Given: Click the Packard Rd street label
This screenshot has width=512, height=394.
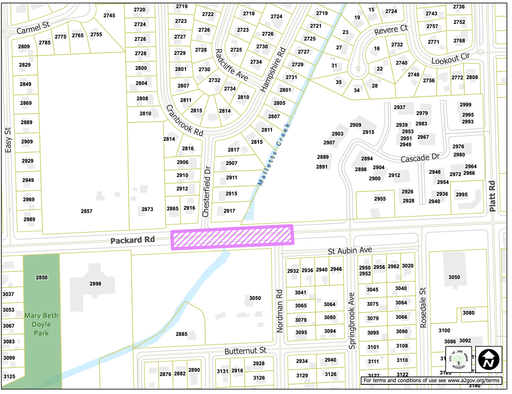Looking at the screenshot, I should [x=133, y=240].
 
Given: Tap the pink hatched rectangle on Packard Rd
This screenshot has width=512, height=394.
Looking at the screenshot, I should [x=232, y=237].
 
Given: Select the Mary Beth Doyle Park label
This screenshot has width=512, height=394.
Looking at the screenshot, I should [x=41, y=324].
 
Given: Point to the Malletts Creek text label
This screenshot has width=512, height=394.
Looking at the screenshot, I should [x=274, y=155].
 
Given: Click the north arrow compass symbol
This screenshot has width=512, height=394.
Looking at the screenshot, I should [x=488, y=359].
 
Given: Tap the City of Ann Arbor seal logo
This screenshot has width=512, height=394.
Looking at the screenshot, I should [x=458, y=359].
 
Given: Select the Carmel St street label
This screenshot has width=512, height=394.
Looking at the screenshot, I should [x=33, y=28].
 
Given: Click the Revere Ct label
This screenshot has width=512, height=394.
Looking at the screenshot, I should [x=391, y=30].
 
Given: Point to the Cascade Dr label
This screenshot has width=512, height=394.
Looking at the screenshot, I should [x=420, y=158].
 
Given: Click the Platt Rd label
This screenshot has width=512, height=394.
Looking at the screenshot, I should [x=492, y=196].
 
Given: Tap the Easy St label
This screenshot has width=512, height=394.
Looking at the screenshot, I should [x=8, y=140].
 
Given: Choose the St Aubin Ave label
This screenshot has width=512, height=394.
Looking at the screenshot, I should [x=350, y=251].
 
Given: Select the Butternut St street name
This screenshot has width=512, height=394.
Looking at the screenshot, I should [x=245, y=351].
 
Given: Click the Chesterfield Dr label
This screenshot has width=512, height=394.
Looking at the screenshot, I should [x=207, y=192].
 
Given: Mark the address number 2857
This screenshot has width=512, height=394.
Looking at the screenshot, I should [x=87, y=211].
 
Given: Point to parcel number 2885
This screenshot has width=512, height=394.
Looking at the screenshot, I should [x=182, y=334].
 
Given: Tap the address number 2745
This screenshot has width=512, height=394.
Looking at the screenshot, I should [x=109, y=15].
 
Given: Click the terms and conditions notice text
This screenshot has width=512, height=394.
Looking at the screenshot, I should [x=431, y=380].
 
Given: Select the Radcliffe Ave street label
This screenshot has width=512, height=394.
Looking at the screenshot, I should [x=232, y=65].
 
